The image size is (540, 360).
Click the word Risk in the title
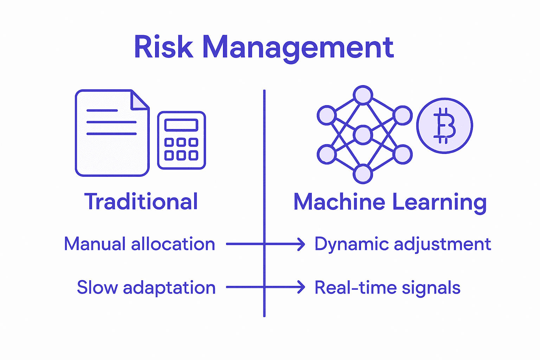(163, 47)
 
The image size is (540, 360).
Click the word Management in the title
(298, 48)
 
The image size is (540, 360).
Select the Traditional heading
(141, 202)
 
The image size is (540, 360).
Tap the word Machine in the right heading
(339, 202)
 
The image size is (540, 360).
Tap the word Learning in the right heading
(439, 202)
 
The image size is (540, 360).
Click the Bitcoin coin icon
(444, 126)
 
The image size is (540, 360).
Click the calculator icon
(181, 140)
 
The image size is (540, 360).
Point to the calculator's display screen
(181, 125)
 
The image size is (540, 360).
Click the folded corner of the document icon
(139, 100)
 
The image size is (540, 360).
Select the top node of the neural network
(363, 95)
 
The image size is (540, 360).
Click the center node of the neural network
(363, 135)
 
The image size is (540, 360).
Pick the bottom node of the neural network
(363, 174)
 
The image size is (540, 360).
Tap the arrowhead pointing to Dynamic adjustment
(301, 244)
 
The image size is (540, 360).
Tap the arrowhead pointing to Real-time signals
(301, 287)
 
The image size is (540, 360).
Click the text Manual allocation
(140, 244)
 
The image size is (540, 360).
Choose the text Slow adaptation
(146, 288)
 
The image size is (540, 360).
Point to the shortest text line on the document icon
(102, 110)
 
